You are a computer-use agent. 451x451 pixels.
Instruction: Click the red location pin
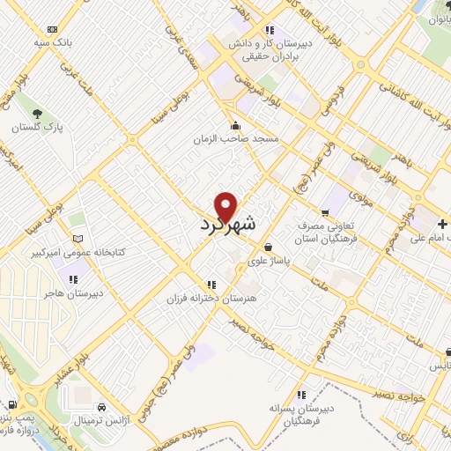[226, 206]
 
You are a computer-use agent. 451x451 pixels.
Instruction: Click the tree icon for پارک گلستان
[37, 115]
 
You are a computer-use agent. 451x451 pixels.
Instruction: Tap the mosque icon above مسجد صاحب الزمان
[235, 125]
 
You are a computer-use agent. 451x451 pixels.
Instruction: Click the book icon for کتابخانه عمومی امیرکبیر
[78, 239]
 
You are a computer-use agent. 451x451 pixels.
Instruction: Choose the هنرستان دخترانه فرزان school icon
[211, 285]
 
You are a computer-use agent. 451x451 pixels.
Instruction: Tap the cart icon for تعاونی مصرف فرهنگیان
[325, 212]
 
